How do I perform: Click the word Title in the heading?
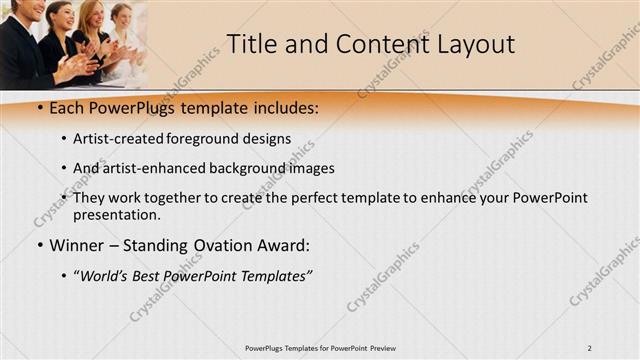(251, 44)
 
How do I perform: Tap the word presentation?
(116, 214)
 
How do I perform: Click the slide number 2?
(590, 348)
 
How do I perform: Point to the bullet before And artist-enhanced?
(64, 168)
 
